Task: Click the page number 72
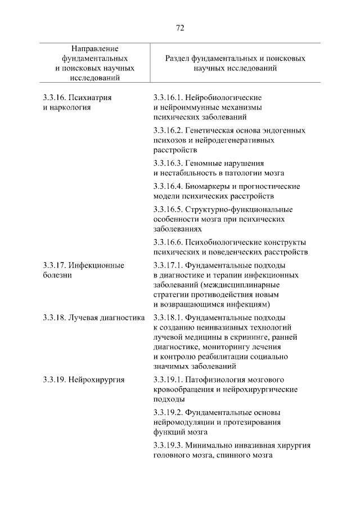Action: [180, 28]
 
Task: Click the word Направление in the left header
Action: [94, 49]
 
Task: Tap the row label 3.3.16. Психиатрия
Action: [77, 97]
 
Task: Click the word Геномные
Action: [206, 164]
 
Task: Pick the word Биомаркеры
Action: [211, 186]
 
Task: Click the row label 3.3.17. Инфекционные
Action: [83, 265]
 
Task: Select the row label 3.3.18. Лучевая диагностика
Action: [93, 317]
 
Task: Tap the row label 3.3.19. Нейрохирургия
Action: [83, 379]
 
